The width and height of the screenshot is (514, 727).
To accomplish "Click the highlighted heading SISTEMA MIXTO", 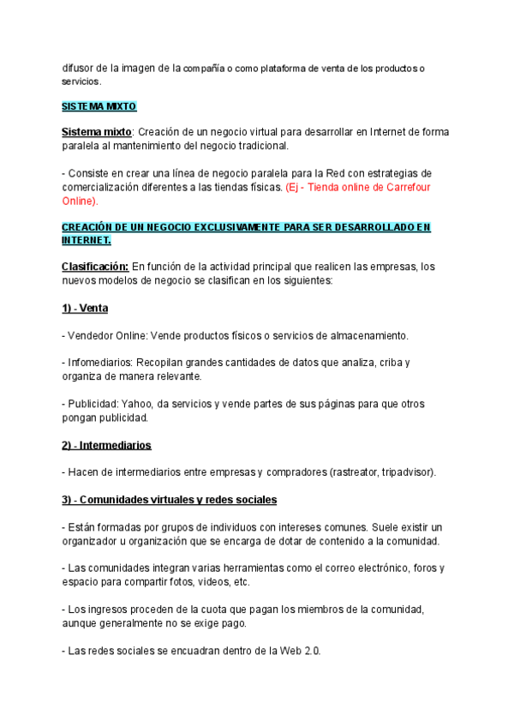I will pos(99,107).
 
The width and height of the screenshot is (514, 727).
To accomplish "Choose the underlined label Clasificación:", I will pos(95,267).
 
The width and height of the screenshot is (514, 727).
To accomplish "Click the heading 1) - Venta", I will pos(85,308).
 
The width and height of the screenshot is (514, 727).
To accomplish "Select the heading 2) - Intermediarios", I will pos(107,445).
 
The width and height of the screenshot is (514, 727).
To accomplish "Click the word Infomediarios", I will pos(97,363).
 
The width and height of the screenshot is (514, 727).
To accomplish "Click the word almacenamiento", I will pos(360,335).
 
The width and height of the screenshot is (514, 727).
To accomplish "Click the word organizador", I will pos(93,541).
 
